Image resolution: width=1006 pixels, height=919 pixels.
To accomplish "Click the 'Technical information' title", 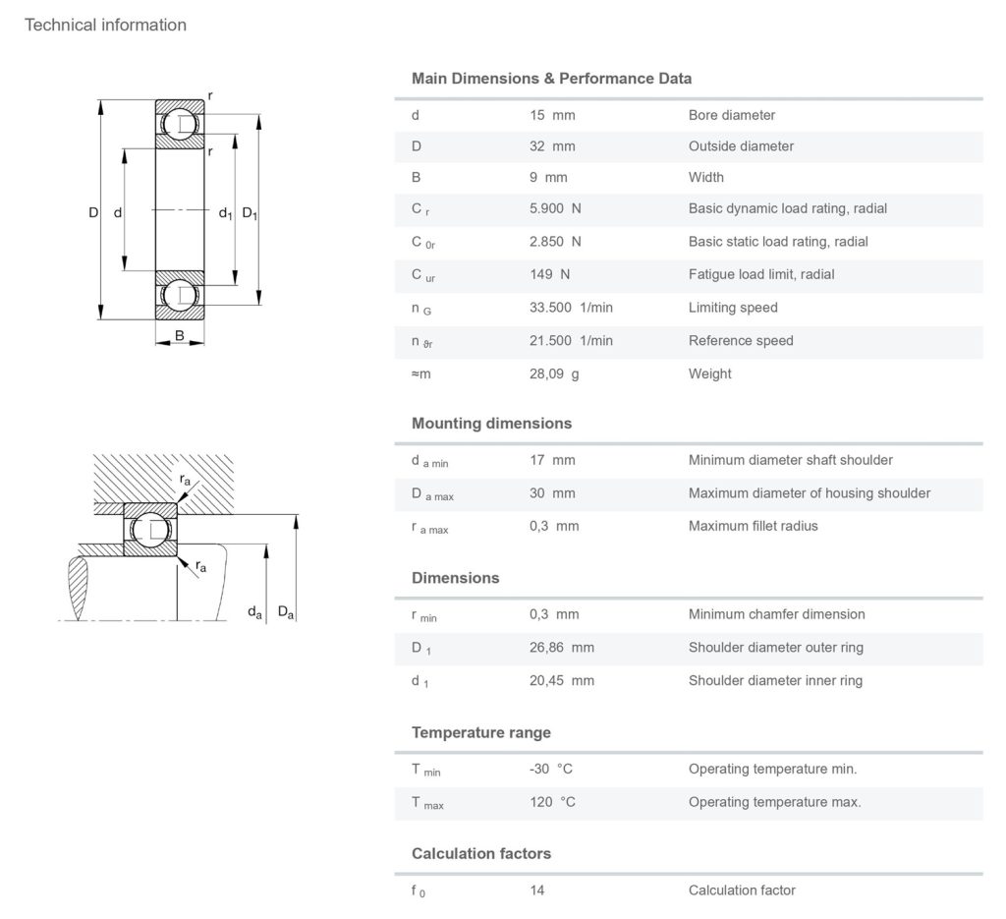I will click(x=105, y=25).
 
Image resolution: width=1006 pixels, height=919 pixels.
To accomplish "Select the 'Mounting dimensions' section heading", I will click(x=491, y=424).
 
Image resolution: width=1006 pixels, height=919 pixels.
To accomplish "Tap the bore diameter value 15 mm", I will click(x=552, y=115).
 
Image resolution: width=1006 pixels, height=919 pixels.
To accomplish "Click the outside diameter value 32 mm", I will click(x=552, y=146).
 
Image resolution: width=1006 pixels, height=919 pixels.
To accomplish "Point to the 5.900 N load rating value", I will click(x=555, y=208).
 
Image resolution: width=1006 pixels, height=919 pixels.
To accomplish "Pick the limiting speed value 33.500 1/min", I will click(x=571, y=308).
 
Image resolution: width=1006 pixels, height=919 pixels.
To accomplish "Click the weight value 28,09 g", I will click(x=554, y=373).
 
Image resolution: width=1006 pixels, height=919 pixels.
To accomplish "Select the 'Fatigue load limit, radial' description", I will click(x=761, y=274).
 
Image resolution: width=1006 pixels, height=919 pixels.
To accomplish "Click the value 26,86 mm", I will click(x=561, y=648).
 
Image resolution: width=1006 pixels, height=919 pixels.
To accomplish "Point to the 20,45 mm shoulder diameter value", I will click(x=561, y=680).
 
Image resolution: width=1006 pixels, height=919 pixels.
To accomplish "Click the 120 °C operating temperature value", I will click(x=552, y=802).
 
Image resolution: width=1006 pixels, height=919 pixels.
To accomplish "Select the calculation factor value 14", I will click(x=536, y=890).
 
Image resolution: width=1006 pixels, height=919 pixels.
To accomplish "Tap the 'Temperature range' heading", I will click(x=481, y=732).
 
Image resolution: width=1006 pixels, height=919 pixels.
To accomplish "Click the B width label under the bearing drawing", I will click(x=180, y=336).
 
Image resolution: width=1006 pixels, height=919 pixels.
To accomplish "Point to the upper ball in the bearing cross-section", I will click(x=180, y=124).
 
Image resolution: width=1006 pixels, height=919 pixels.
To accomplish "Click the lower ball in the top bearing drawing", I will click(x=180, y=295).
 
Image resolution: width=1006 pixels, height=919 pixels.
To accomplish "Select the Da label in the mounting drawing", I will click(x=286, y=612).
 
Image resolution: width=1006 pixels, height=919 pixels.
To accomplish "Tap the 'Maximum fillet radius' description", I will click(x=753, y=526).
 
